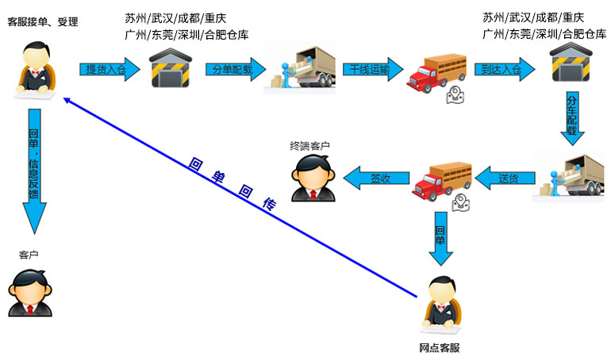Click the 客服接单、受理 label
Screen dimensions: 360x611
point(43,21)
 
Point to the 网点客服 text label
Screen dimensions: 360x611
point(440,348)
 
